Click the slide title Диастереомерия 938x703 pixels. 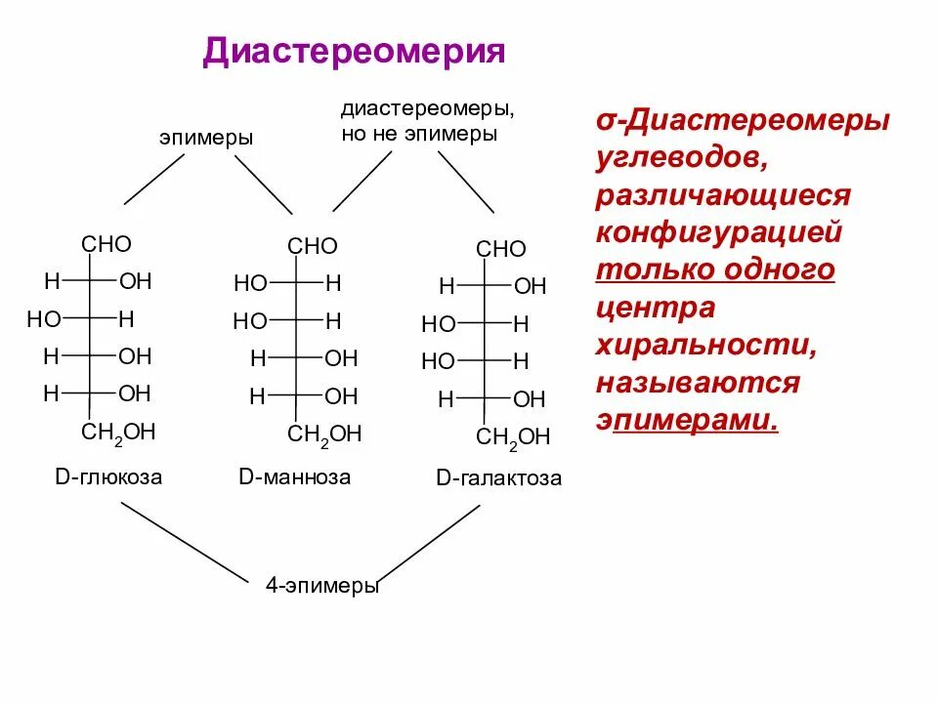tap(354, 52)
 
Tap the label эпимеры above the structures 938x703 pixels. tap(206, 138)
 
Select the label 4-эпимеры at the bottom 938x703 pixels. tap(321, 587)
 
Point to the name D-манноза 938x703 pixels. tap(294, 477)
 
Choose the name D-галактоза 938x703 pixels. tap(498, 479)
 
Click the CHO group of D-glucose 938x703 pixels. tap(107, 244)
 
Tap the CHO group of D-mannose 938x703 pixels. tap(313, 246)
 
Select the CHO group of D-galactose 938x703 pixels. tap(500, 249)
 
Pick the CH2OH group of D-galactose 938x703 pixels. tap(513, 436)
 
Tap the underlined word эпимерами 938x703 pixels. tap(695, 420)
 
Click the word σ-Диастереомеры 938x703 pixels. tap(743, 121)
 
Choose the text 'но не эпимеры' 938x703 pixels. tap(419, 134)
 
